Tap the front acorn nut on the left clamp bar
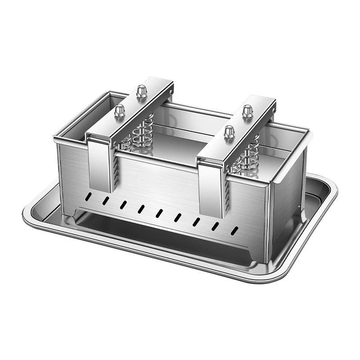tap(119, 110)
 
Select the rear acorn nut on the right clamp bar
tap(247, 111)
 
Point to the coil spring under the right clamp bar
tap(248, 155)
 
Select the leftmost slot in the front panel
tap(89, 197)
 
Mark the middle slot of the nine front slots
tap(159, 212)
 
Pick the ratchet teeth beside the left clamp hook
tap(116, 173)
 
